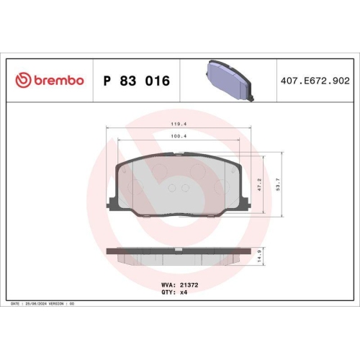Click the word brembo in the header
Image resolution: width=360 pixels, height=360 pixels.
tap(57, 81)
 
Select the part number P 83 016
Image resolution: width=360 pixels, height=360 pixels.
tap(137, 81)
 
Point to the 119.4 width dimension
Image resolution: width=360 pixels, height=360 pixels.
tap(178, 124)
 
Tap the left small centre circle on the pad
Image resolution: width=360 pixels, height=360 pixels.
tap(171, 189)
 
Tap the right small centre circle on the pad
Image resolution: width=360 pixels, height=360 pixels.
tap(185, 189)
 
